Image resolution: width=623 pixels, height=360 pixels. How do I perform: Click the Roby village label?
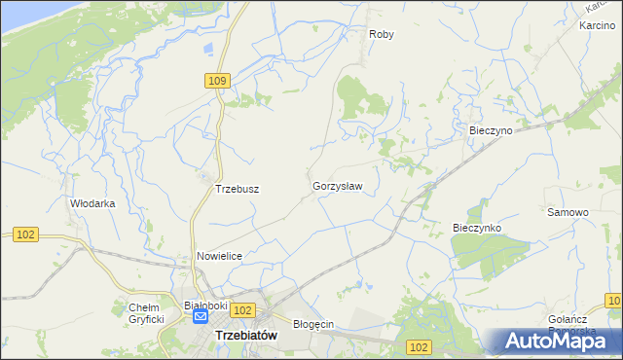point(381,34)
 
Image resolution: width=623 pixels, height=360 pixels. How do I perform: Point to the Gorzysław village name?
point(338,185)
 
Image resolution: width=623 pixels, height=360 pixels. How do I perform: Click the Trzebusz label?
point(236,189)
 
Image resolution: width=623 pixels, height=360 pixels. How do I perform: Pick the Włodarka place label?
point(93,203)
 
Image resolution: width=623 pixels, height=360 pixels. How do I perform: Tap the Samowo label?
point(568,212)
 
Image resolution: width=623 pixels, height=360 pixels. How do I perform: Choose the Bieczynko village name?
point(476,228)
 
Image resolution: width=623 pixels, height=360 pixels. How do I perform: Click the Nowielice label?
point(219,255)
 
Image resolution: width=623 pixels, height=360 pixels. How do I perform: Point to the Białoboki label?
point(205,305)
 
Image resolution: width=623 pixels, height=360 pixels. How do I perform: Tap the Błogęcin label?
point(314,324)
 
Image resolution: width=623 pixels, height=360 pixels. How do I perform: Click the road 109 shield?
point(217,81)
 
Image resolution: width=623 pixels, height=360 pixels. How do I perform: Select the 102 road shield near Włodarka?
point(26,234)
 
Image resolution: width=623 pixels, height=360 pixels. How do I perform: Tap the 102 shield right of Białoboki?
point(243,309)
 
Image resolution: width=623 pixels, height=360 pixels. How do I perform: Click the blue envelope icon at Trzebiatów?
point(201,316)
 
